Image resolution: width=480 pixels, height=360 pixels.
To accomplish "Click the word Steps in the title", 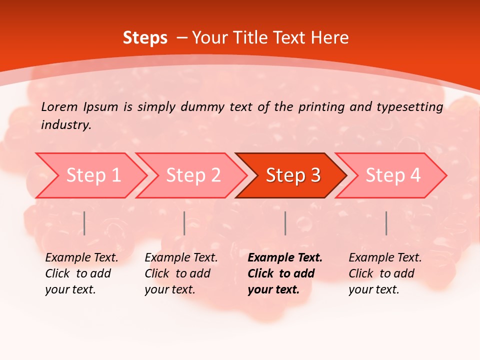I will [145, 38].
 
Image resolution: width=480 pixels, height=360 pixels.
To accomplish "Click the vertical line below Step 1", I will [84, 223].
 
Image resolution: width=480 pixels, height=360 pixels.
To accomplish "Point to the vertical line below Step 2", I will [184, 223].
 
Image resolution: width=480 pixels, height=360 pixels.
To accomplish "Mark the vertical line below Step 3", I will [285, 223].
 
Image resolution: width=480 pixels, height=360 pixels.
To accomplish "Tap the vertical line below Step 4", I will [386, 223].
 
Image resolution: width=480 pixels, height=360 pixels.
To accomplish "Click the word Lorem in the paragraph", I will [59, 106].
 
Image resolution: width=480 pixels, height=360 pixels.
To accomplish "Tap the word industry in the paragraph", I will [65, 124].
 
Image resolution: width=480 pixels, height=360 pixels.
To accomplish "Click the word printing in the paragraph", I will [322, 106].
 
